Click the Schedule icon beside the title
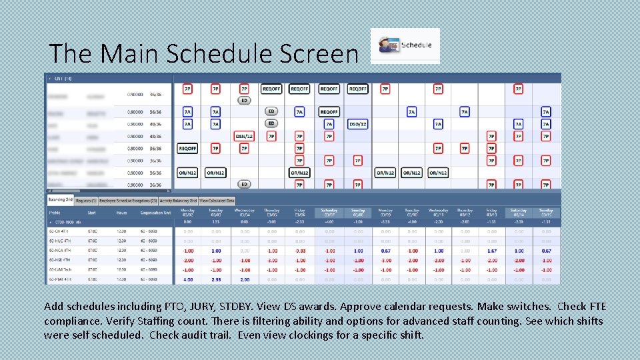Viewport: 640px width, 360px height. [x=405, y=45]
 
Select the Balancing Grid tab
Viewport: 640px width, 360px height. [x=59, y=200]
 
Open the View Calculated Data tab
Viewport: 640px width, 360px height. [x=217, y=200]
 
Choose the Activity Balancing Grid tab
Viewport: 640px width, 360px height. [x=178, y=200]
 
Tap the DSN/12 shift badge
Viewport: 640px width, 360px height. [x=244, y=136]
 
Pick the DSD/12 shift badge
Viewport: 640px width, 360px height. [x=357, y=124]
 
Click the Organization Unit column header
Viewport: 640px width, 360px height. [x=155, y=213]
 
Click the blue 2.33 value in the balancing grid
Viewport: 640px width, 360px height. [x=215, y=280]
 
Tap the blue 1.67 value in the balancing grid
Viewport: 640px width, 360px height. [x=491, y=251]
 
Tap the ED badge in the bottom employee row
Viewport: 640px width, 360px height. [x=244, y=185]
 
